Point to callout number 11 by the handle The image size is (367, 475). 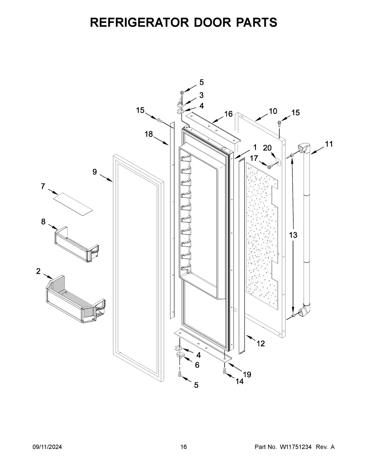(x=329, y=144)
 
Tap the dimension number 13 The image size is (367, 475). (x=293, y=235)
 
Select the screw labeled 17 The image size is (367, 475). (x=270, y=166)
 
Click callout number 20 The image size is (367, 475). (x=267, y=148)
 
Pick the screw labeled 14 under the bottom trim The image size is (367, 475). (x=225, y=371)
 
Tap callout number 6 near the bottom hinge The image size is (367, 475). (x=197, y=365)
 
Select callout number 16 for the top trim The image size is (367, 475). (x=228, y=114)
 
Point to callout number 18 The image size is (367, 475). (x=149, y=134)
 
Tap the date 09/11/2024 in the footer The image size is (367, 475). (x=47, y=447)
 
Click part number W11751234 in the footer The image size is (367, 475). (x=295, y=447)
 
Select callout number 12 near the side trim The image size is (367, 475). (x=260, y=343)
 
